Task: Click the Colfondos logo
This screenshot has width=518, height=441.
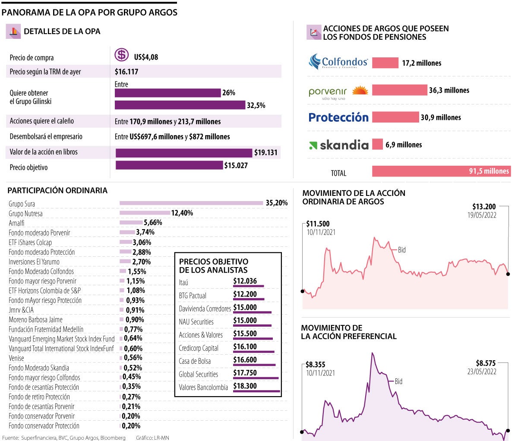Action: (x=338, y=62)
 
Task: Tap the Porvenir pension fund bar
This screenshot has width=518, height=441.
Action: (x=399, y=90)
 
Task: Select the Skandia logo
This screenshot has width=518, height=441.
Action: (x=339, y=145)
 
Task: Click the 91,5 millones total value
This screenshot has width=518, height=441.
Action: (x=489, y=171)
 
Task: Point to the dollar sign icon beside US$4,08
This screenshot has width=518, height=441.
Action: (x=122, y=55)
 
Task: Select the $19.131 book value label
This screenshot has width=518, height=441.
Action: (x=265, y=153)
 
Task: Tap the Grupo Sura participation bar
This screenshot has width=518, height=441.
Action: (x=191, y=203)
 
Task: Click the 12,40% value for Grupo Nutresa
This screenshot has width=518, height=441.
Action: (x=182, y=213)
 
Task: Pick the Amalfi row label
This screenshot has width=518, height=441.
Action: (x=17, y=223)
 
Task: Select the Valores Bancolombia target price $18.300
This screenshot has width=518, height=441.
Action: (x=245, y=386)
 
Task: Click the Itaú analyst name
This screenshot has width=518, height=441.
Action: (x=183, y=283)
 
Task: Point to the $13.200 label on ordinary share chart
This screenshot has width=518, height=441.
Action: (x=484, y=207)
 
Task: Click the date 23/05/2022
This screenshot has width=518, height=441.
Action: (x=482, y=372)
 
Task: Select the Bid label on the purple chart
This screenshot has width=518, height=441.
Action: (x=398, y=381)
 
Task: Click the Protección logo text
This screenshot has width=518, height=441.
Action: (x=338, y=117)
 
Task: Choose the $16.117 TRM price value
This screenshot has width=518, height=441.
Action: (x=126, y=72)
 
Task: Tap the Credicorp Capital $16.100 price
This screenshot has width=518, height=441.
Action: (x=245, y=346)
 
